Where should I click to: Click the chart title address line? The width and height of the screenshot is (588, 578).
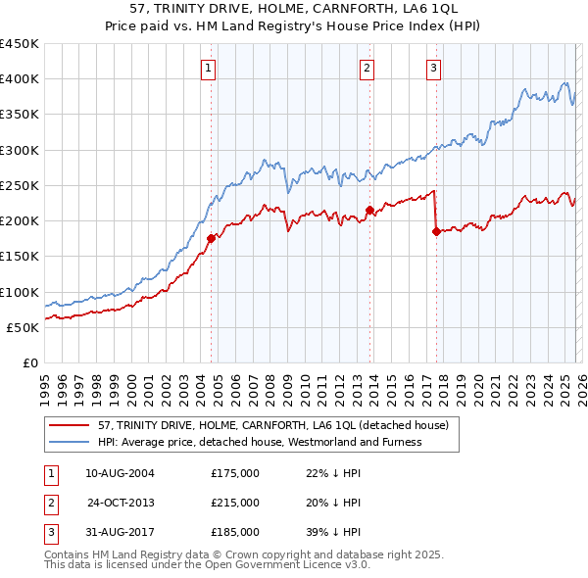(294, 8)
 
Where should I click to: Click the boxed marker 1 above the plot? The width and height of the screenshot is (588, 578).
(211, 68)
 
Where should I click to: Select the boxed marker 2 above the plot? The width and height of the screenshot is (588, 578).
(366, 68)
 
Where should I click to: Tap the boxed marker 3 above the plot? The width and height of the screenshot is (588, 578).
(433, 68)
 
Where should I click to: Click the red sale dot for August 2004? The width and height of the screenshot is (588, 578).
(211, 237)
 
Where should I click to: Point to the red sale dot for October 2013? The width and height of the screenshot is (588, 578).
(369, 210)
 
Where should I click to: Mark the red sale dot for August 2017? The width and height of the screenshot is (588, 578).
(436, 231)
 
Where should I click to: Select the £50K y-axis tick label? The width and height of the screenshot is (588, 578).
(23, 327)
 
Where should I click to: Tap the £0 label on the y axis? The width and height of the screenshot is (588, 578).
(29, 362)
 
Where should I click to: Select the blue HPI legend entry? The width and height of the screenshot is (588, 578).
(260, 442)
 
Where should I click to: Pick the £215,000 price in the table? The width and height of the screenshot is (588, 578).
(235, 503)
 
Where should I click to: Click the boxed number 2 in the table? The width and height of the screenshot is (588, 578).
(50, 503)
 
